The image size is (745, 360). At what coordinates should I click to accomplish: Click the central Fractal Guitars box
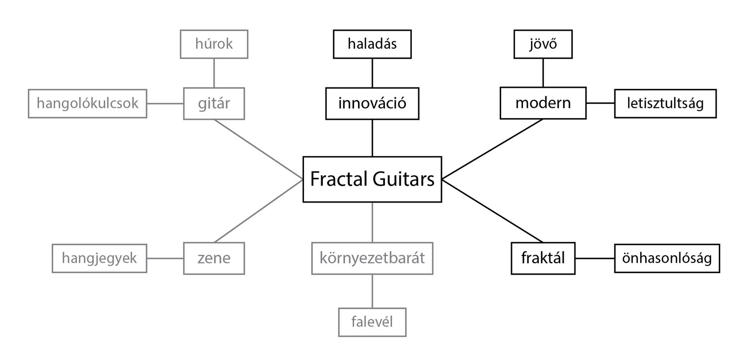[372, 179]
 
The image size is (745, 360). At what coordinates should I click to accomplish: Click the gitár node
[214, 103]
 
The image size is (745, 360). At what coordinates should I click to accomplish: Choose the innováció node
[372, 103]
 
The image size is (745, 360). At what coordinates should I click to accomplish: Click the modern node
[543, 103]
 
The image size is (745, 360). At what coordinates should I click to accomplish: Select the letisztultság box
[666, 103]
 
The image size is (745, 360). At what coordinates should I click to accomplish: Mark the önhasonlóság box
[667, 258]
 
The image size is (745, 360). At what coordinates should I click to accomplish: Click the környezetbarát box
[372, 258]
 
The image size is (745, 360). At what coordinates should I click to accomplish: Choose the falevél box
[372, 322]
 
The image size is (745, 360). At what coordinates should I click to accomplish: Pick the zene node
[214, 258]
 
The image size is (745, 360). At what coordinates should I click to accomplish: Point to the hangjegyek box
[99, 258]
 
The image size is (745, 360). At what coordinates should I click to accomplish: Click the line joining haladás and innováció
[372, 73]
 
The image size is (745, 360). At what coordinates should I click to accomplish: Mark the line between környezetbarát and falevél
[372, 291]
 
